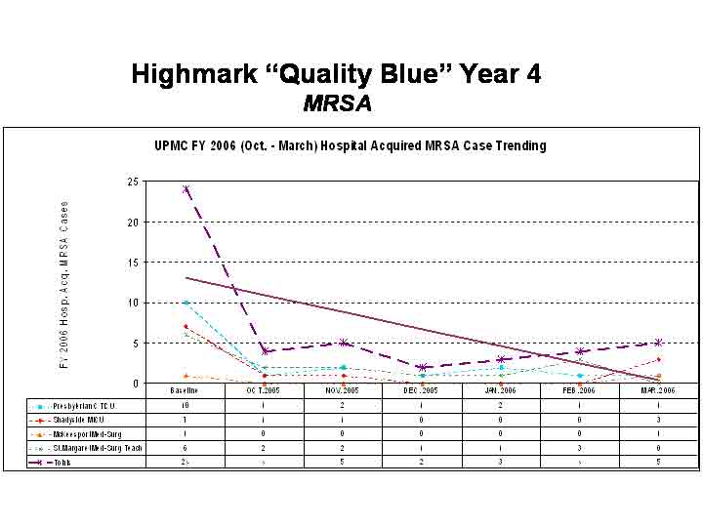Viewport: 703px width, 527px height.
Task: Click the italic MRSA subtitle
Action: [337, 101]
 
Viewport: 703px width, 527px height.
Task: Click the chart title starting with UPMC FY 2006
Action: [351, 145]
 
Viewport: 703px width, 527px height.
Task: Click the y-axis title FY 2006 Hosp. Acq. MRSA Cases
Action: [65, 285]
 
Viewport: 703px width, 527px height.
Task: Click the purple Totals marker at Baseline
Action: [186, 189]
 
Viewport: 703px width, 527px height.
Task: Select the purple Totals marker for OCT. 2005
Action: [265, 351]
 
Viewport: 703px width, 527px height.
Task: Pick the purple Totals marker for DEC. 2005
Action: [423, 368]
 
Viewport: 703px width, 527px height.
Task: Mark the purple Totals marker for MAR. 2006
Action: [659, 343]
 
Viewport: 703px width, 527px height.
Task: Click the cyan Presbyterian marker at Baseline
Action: [186, 303]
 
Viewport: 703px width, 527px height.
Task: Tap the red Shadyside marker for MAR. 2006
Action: [659, 359]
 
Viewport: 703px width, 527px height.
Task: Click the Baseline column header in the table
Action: [186, 389]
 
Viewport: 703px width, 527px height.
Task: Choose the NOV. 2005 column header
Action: [344, 389]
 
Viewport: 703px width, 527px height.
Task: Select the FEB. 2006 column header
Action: [580, 389]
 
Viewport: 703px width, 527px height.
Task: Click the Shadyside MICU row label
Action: [88, 419]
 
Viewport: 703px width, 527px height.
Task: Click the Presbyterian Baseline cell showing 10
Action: [186, 404]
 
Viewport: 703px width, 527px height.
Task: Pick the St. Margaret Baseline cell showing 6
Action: [186, 447]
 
